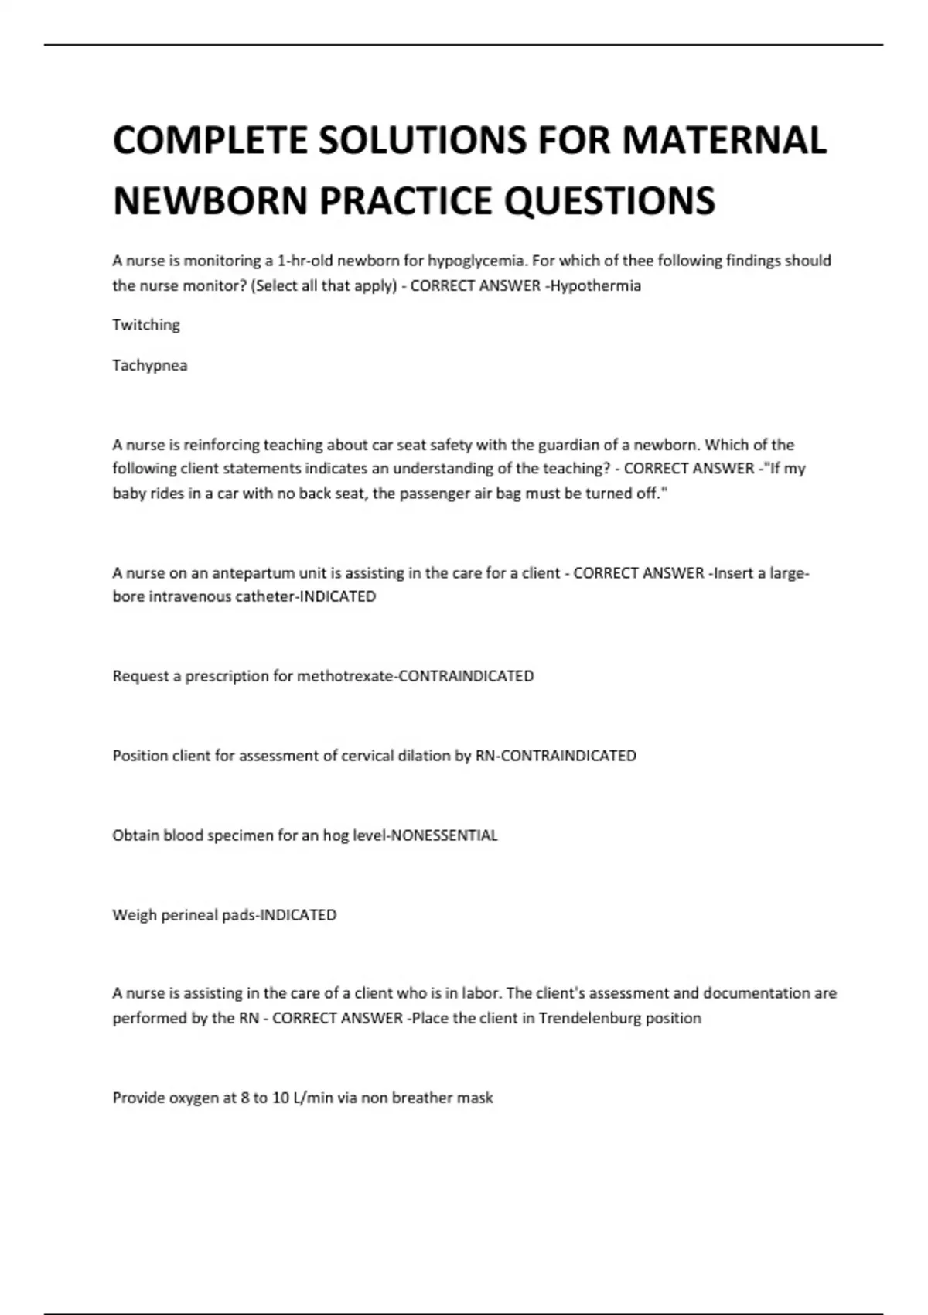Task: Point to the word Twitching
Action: coord(146,325)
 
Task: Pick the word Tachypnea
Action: coord(150,365)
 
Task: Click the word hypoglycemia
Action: coord(476,261)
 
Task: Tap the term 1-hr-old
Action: coord(305,261)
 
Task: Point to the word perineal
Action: coord(189,915)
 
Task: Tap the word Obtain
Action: coord(136,835)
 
